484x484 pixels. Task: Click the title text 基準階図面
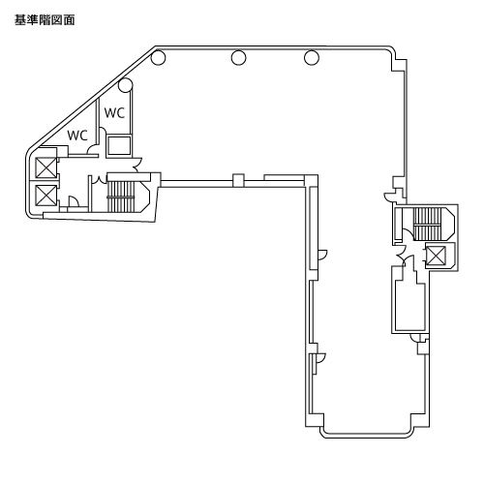[45, 20]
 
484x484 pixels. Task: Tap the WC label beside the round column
[114, 113]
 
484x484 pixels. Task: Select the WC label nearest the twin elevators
[77, 136]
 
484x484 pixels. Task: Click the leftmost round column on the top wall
[158, 58]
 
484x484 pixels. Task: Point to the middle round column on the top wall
[238, 58]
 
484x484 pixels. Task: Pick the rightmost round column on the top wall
[312, 58]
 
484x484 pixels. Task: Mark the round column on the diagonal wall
[125, 85]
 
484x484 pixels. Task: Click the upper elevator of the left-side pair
[45, 167]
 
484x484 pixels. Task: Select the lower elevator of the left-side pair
[45, 196]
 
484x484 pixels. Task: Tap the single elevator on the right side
[436, 256]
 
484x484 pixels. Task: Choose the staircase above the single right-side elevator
[427, 224]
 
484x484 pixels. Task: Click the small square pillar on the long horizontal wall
[238, 180]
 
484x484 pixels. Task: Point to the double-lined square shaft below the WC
[119, 146]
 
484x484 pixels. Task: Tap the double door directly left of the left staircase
[99, 179]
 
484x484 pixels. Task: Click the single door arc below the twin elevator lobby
[74, 200]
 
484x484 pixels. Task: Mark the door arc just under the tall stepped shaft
[414, 337]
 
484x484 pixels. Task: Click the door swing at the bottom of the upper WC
[103, 132]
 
